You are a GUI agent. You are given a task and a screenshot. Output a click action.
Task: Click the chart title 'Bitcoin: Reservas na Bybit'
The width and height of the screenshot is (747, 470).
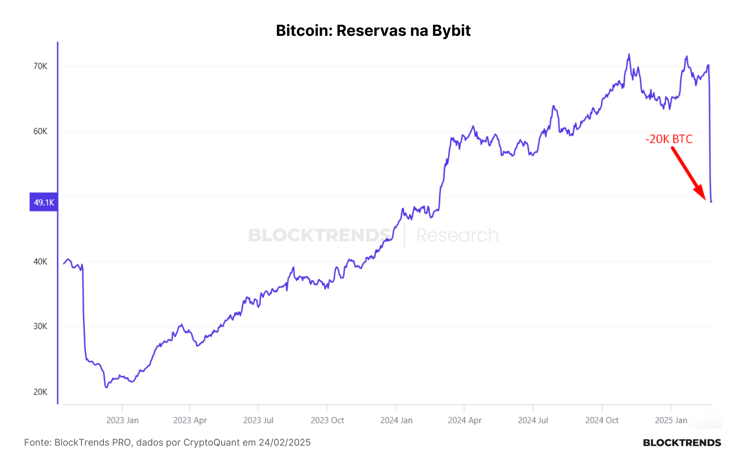(x=373, y=31)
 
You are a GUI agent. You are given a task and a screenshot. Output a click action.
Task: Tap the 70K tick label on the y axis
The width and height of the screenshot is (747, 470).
(x=40, y=66)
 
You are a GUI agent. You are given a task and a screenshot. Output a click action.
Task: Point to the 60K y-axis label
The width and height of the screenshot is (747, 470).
(x=40, y=131)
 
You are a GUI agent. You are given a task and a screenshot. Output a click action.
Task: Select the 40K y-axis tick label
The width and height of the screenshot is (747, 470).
(x=40, y=261)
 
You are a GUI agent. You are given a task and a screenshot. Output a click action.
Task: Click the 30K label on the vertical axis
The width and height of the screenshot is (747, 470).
(x=40, y=326)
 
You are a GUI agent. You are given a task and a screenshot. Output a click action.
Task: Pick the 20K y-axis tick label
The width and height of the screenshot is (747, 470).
(x=40, y=392)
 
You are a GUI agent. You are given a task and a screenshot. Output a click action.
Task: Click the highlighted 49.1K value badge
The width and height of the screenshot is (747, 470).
(x=44, y=202)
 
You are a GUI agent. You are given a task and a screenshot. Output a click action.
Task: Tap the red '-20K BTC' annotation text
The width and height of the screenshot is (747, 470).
(x=669, y=139)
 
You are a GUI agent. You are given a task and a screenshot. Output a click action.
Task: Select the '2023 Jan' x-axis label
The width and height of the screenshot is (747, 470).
(x=122, y=421)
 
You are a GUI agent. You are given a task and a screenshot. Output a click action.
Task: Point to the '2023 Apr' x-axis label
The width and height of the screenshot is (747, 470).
(x=190, y=421)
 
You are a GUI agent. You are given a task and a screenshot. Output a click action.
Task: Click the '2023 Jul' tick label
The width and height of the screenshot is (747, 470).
(x=258, y=421)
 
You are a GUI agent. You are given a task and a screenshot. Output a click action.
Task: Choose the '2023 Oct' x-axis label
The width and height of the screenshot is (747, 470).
(x=327, y=421)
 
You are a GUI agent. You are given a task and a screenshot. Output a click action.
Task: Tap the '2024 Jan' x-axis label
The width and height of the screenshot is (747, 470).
(x=396, y=421)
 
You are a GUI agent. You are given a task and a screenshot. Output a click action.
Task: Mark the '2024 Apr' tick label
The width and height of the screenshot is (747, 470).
(x=464, y=421)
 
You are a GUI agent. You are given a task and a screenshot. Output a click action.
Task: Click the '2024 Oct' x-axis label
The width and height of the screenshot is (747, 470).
(x=602, y=421)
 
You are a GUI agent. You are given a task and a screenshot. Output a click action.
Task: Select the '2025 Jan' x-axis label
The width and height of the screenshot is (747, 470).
(x=671, y=421)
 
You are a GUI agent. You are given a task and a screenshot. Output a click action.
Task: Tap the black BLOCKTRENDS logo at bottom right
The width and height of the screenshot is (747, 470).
(x=682, y=443)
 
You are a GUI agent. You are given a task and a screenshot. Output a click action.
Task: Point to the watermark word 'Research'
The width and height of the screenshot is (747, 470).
(x=457, y=235)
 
